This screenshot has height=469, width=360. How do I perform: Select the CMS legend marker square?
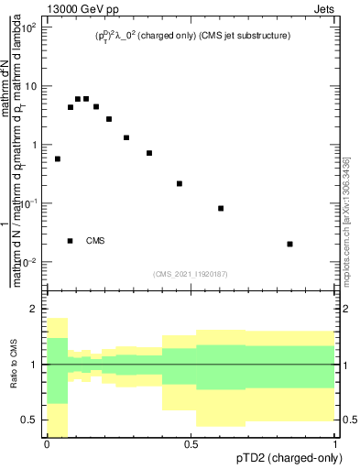70,241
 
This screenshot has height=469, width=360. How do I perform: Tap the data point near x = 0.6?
221,208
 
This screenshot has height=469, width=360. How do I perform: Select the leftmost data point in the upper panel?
58,158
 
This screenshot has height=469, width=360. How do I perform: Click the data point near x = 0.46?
180,183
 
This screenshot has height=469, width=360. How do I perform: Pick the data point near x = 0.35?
149,153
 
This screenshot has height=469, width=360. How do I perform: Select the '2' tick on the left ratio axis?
37,310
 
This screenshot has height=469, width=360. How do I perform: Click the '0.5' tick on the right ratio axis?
348,420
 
